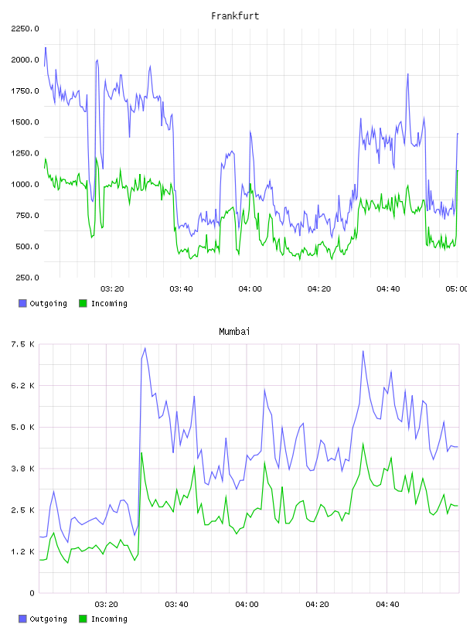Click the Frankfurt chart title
[235, 16]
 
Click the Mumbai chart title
[234, 332]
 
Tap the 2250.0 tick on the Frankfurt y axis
[25, 29]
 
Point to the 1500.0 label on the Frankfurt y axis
[25, 122]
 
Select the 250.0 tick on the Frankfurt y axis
[27, 278]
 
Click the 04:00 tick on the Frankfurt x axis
[250, 289]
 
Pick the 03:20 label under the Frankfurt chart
[112, 289]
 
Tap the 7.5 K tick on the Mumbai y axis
[23, 344]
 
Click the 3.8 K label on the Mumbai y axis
[23, 469]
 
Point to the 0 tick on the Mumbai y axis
[32, 593]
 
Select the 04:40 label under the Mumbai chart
[387, 605]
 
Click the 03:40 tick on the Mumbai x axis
[177, 605]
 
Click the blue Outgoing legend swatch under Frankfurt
[22, 303]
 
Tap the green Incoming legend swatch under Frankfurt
[83, 303]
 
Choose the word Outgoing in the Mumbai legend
[48, 619]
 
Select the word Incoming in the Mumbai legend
[109, 619]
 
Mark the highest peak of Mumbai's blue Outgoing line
[145, 348]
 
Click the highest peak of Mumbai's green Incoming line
[363, 443]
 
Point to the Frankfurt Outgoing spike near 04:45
[407, 74]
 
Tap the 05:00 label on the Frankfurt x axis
[456, 289]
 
